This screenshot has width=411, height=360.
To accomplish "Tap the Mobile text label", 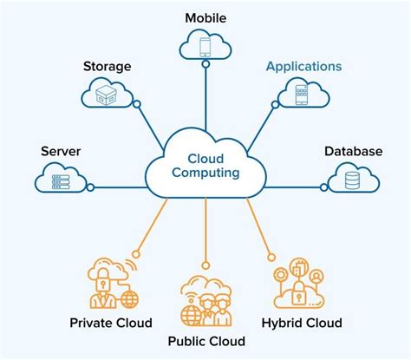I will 205,16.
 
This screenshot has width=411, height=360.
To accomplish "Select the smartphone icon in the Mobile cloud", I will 205,46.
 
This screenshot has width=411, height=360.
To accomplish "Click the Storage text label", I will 107,66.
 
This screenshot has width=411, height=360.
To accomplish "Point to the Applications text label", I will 303,66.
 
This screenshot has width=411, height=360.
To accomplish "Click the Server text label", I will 61,152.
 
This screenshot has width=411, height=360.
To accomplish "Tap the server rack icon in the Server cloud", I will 62,181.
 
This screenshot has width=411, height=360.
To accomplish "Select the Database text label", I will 353,152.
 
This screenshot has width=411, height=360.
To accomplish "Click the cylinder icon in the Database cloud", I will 353,181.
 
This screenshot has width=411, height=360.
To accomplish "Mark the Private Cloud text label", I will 111,323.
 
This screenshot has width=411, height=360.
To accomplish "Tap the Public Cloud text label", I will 205,340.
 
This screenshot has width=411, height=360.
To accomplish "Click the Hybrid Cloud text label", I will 301,323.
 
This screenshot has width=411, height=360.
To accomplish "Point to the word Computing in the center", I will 205,173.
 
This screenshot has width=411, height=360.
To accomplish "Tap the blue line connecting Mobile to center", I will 205,100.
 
